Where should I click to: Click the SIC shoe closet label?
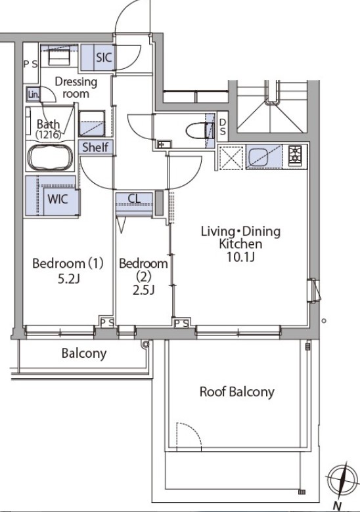104,58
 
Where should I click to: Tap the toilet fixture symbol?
200,131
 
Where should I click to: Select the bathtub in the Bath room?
51,158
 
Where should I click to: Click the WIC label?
58,199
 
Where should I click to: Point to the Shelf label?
95,147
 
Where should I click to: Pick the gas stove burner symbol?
295,155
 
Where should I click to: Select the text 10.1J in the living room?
240,257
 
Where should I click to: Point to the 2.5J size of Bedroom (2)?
143,289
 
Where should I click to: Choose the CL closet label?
134,198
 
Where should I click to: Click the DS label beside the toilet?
223,127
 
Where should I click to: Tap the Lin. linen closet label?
34,95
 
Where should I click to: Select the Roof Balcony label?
237,392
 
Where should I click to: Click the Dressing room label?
76,87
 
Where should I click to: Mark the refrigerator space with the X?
231,158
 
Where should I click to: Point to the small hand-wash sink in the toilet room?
162,144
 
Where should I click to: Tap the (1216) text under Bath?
49,135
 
